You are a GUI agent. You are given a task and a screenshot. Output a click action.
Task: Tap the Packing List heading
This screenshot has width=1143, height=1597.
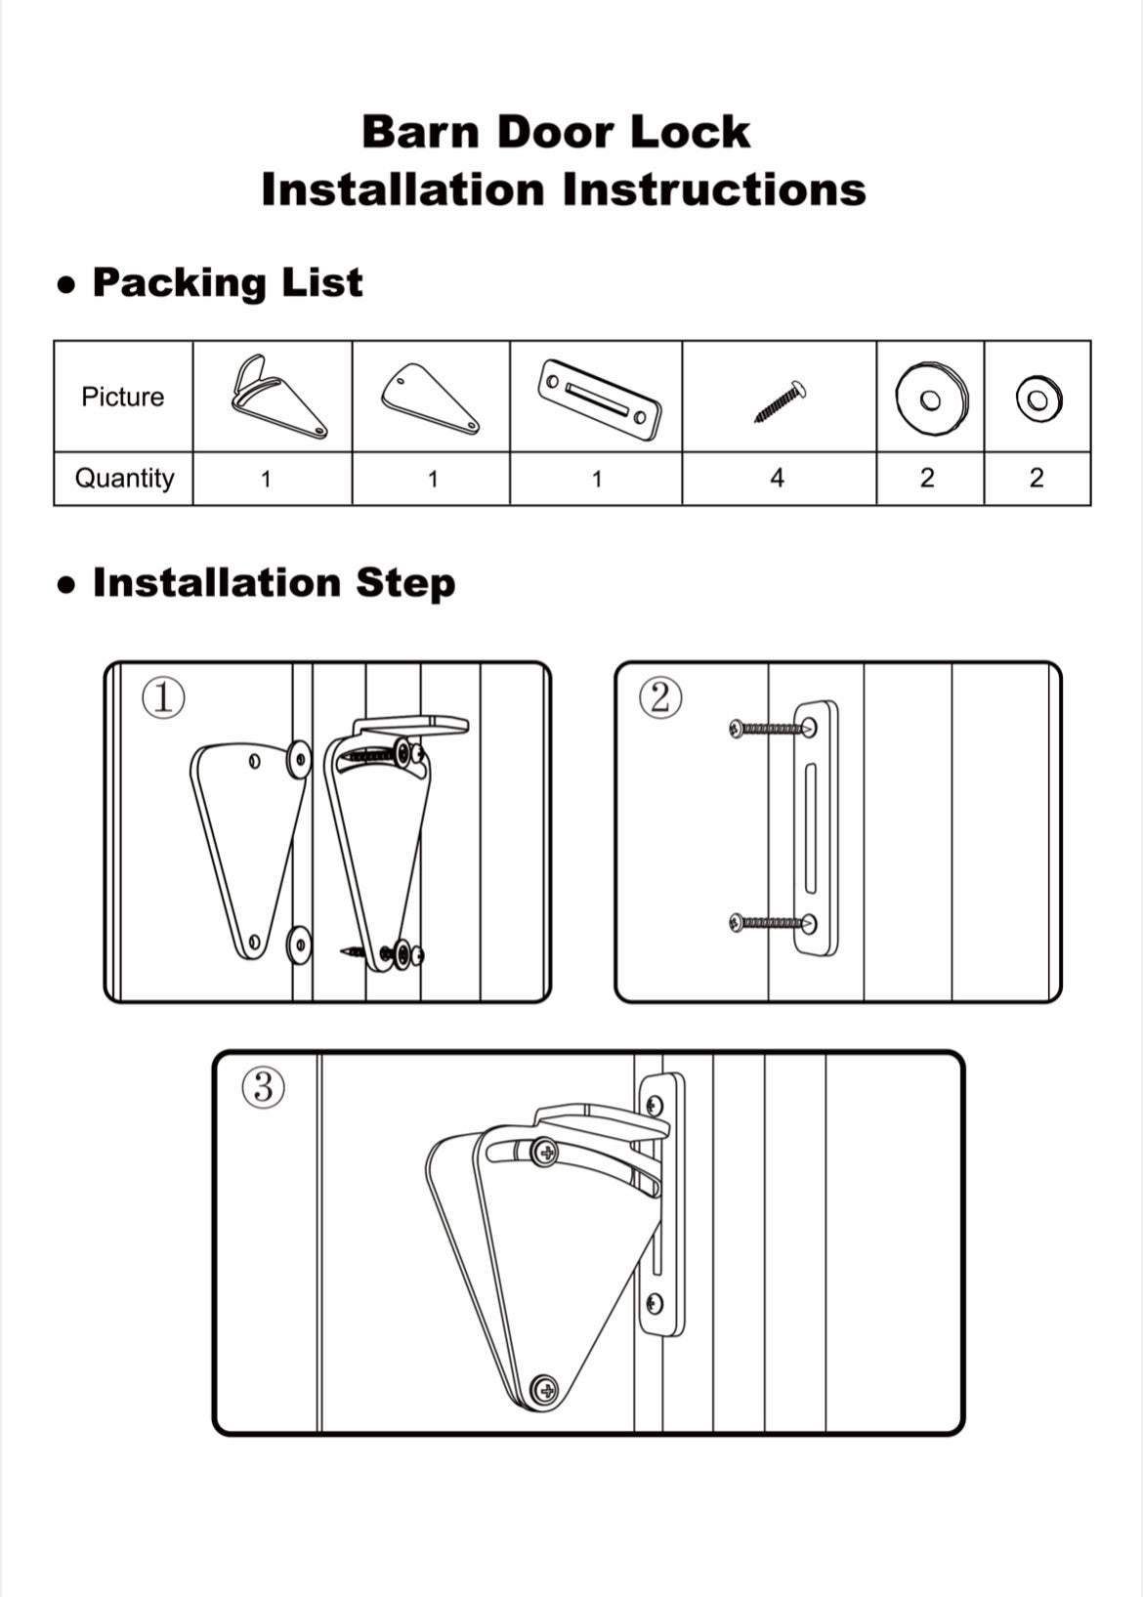point(227,282)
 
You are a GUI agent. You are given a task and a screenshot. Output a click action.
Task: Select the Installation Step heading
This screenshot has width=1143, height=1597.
point(274,582)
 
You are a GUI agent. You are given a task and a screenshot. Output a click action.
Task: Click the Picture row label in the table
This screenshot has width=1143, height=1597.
point(122,397)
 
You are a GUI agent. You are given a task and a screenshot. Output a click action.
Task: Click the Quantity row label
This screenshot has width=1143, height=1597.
point(124,478)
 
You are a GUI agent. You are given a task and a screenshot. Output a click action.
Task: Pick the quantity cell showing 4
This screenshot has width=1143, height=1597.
point(777,478)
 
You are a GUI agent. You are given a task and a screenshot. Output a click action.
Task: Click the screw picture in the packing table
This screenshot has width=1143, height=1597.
point(780,400)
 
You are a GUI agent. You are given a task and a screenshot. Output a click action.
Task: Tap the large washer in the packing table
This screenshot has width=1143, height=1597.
point(931,399)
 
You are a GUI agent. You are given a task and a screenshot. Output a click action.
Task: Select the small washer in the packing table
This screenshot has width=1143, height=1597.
point(1037,399)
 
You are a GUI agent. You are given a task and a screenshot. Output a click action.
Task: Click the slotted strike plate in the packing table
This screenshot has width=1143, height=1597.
point(598,399)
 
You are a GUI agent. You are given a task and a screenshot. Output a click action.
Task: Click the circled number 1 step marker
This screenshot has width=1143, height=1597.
point(163,698)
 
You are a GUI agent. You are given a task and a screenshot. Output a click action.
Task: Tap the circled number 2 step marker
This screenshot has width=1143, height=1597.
point(660,698)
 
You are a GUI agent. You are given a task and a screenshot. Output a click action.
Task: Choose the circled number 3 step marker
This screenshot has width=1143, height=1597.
point(263,1087)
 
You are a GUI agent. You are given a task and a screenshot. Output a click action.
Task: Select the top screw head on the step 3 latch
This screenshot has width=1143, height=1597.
point(545,1154)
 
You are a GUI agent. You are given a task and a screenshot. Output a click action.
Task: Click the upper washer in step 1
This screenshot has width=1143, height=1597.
point(298,760)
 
